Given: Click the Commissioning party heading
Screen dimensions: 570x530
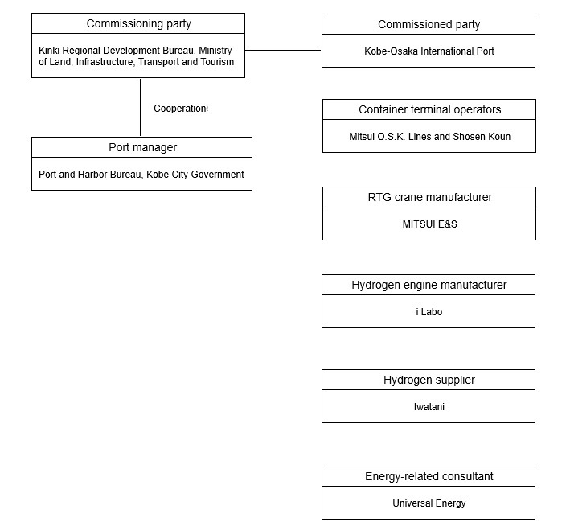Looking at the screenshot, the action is [138, 23].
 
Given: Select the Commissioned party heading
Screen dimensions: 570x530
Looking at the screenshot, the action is [429, 24].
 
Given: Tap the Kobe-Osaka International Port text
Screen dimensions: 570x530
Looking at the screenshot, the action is [429, 51].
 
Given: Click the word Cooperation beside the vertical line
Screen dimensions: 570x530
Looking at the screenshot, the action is [180, 109].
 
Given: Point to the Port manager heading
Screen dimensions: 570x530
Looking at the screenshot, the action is [142, 147].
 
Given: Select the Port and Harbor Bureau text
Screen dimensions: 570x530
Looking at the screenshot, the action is [90, 175].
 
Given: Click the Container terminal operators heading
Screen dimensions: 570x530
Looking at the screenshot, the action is [429, 109].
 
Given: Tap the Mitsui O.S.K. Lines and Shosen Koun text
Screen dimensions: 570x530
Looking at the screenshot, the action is [429, 137].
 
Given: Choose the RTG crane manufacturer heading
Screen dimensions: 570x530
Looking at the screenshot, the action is [429, 197].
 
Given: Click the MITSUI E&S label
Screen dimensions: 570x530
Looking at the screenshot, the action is [429, 224].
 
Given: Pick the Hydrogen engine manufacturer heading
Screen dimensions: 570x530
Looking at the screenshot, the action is [429, 285].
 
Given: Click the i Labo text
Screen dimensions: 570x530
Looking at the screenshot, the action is [429, 312].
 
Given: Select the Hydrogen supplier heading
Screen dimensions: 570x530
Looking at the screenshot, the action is [429, 380].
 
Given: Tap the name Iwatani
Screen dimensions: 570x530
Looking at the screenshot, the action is [429, 407].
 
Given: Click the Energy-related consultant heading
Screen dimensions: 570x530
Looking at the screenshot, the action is [429, 476].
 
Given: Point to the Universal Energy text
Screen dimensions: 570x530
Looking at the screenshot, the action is [429, 503].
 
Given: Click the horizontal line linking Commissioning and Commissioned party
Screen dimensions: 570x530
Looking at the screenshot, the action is [283, 51].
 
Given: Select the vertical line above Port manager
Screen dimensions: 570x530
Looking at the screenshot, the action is [141, 107].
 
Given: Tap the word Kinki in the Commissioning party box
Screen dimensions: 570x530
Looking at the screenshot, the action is [49, 51].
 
